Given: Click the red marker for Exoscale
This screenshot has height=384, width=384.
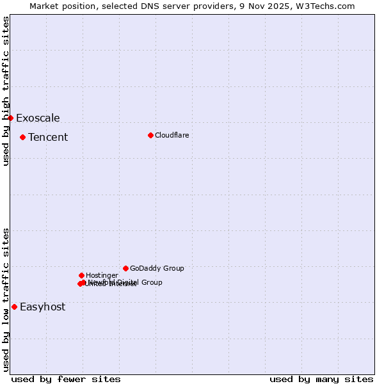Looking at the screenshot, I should [10, 118].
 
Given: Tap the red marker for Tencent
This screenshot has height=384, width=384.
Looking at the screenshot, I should [22, 137].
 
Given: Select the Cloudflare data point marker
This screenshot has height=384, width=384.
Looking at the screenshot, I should [150, 135].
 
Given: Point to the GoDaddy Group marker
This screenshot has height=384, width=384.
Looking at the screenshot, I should [125, 268].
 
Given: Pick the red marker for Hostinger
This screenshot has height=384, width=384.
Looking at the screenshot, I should [81, 275].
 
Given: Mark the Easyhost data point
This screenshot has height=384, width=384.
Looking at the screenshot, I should [14, 307].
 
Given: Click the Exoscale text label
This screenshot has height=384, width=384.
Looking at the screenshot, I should [38, 118].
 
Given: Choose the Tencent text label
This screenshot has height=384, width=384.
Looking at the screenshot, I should [48, 137].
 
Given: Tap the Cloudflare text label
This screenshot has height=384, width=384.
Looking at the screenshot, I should [172, 135].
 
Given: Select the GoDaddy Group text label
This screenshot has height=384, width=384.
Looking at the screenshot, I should [157, 268].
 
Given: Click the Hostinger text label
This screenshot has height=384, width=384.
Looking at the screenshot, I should [102, 275].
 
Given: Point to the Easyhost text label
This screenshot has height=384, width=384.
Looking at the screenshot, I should [42, 307].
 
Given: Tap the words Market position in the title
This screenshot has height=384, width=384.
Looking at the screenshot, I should [61, 6].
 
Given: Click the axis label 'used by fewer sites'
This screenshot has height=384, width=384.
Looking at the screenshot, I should [66, 379].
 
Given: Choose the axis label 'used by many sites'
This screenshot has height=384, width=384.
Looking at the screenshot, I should [321, 379].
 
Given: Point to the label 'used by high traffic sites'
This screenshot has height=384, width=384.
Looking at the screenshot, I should [6, 91].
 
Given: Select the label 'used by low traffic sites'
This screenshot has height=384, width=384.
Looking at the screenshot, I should [6, 299].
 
